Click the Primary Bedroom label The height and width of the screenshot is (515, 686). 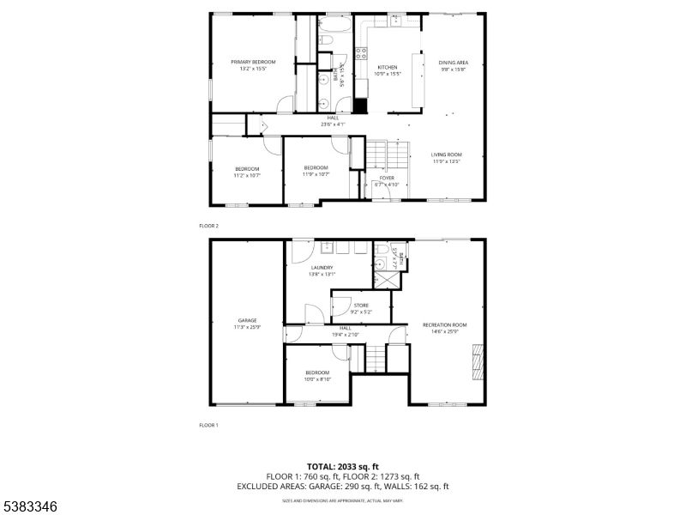pos(253,62)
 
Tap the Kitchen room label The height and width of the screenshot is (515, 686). pos(388,67)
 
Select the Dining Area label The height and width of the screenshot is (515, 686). pos(453,63)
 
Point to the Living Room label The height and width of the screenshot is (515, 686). pos(446,154)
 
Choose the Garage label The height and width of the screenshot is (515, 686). pos(247,320)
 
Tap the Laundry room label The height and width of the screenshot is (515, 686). pos(322,268)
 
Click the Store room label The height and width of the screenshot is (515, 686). pos(361,306)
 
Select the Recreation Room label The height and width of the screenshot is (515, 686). pos(444,324)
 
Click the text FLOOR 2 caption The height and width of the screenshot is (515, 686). pos(209,226)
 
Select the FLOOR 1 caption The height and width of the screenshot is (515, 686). pos(209,425)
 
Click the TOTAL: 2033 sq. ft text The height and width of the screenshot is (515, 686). pos(342,465)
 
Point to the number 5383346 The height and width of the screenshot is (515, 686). pos(30,506)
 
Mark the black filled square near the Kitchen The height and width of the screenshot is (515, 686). pos(361,106)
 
